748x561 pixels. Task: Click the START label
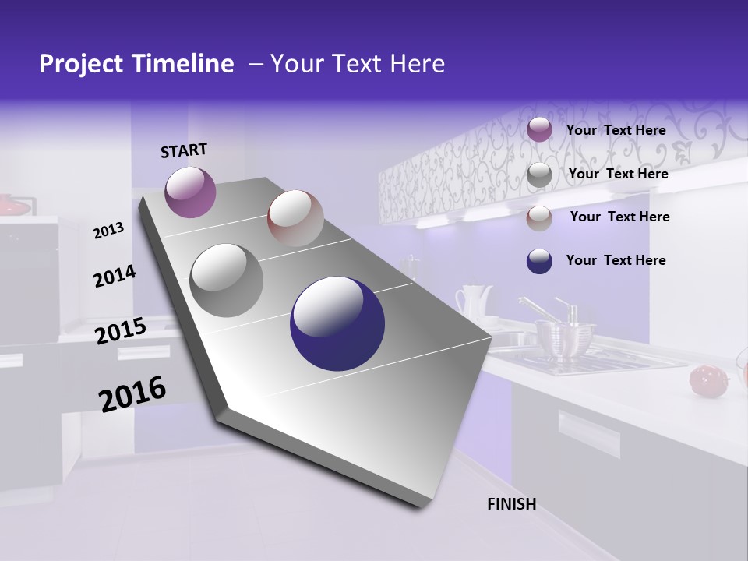(x=184, y=150)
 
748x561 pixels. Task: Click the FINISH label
(x=512, y=504)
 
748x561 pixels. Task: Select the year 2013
(x=108, y=230)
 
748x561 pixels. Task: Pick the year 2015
(x=120, y=331)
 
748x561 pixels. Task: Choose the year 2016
(x=132, y=393)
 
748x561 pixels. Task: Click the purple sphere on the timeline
(x=190, y=192)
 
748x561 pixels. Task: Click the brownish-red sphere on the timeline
(x=295, y=218)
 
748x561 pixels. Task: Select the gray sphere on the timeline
(x=227, y=280)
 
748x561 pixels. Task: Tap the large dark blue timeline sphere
(x=337, y=323)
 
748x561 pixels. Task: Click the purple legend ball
(x=539, y=130)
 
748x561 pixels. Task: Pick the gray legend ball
(x=539, y=175)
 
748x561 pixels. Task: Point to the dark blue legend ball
(x=539, y=261)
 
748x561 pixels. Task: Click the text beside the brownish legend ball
(x=619, y=217)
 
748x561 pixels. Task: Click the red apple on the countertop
(x=707, y=379)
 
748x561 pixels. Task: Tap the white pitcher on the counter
(x=473, y=302)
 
